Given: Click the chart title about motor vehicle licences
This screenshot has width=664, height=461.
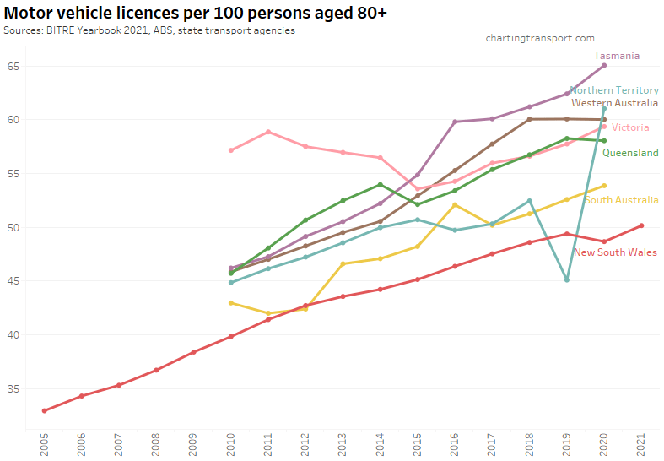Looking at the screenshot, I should tap(195, 14).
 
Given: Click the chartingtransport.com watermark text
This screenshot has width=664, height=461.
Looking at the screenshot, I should tap(540, 38).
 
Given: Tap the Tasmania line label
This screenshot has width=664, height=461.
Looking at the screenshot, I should tap(616, 56).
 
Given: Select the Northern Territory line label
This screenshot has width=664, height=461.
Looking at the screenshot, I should tap(614, 90).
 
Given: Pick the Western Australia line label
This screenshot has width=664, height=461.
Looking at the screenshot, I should tap(614, 103).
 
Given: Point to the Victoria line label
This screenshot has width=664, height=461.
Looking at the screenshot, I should tap(630, 127).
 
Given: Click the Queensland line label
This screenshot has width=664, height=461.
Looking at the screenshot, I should tap(630, 153).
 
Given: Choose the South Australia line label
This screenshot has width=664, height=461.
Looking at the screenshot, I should tap(621, 200).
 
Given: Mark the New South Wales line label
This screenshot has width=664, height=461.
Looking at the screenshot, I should tap(616, 252).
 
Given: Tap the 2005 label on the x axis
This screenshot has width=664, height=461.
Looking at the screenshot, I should tap(44, 444).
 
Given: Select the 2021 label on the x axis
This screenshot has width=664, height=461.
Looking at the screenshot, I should tap(641, 444).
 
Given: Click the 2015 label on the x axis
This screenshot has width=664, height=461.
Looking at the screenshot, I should tap(417, 444).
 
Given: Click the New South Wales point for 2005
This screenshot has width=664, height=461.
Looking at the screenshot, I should tap(44, 411).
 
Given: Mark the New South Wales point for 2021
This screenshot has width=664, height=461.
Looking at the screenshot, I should tap(641, 225).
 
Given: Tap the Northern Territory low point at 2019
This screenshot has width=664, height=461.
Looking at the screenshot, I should tap(566, 279).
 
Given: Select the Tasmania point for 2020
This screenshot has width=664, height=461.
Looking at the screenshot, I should tap(604, 66).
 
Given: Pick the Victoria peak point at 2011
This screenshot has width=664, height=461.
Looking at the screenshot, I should tap(267, 132).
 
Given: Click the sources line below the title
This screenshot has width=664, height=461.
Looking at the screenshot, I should tap(149, 31).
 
